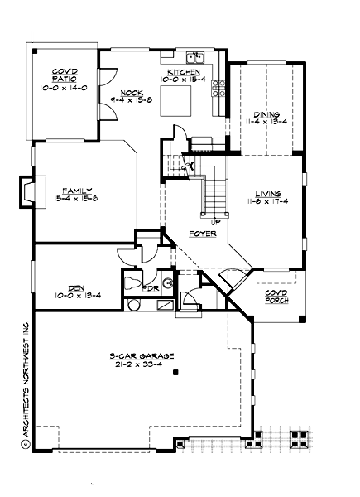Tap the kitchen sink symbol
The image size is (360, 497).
click(x=196, y=57)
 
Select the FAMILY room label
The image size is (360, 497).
click(x=76, y=190)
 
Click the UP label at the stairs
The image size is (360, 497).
click(x=216, y=221)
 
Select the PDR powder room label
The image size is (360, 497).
click(x=151, y=289)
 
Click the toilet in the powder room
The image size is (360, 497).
click(x=133, y=285)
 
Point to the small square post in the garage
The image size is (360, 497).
click(x=176, y=374)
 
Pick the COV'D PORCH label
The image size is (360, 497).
click(x=277, y=296)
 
